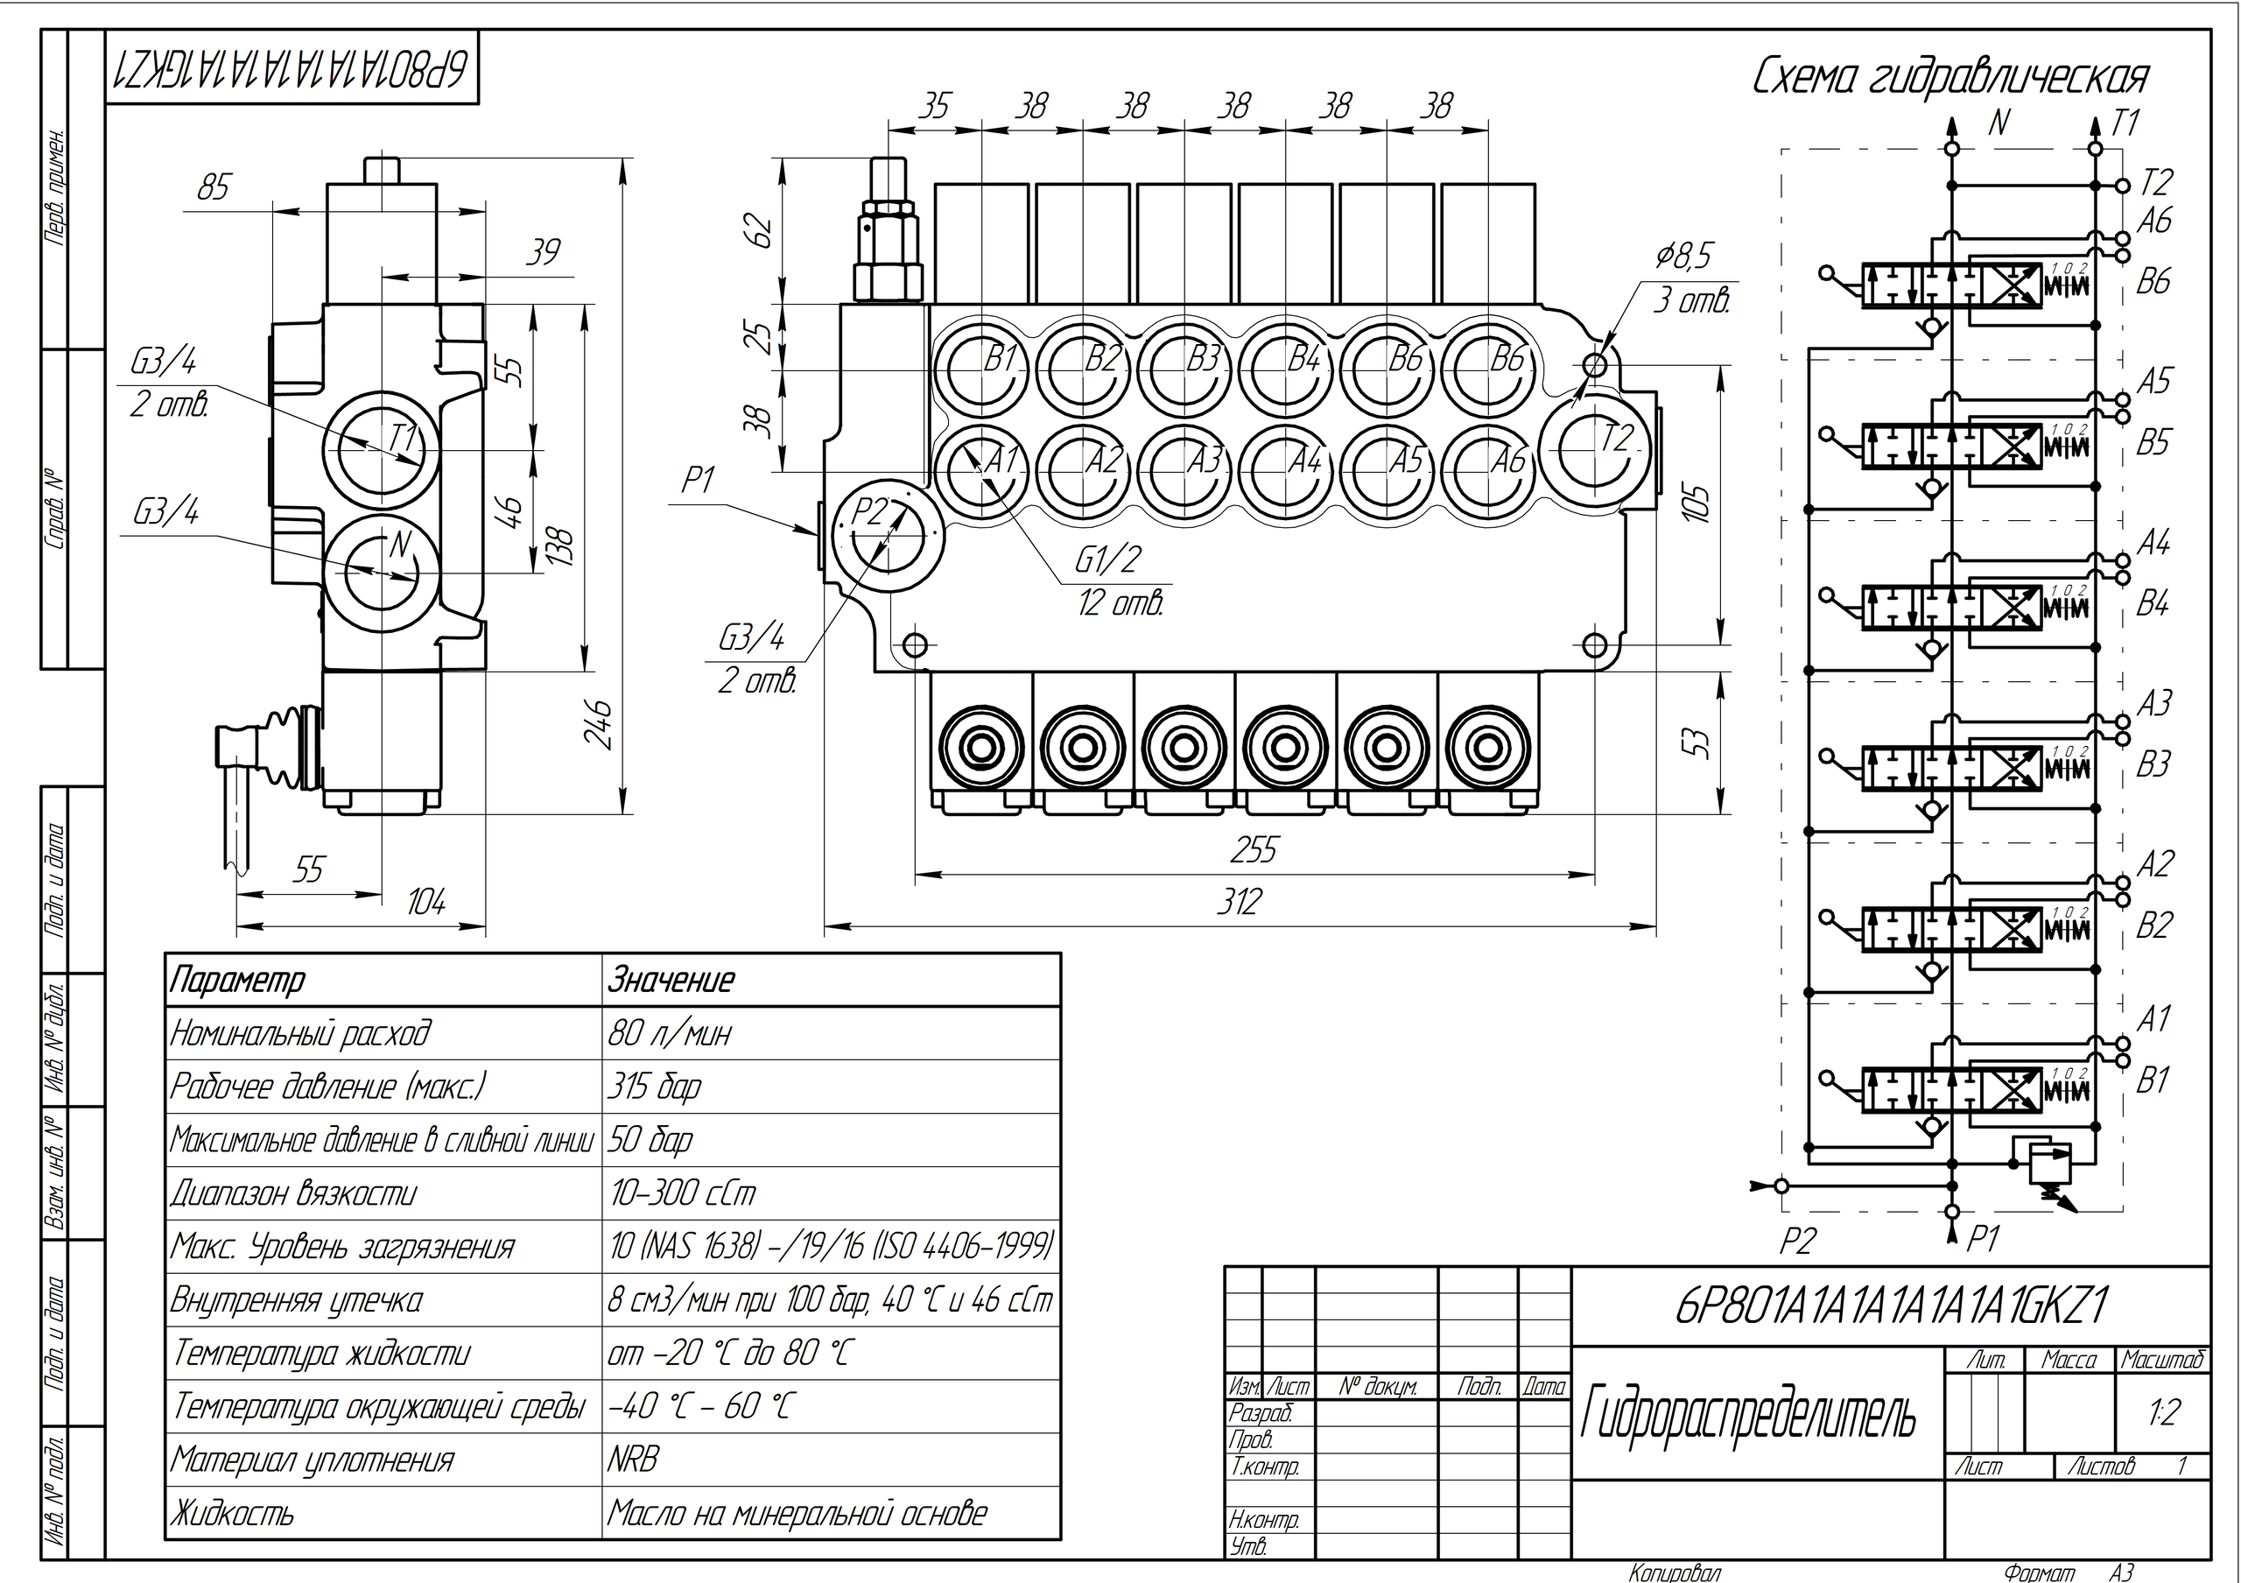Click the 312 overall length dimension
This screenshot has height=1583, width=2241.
[x=1239, y=901]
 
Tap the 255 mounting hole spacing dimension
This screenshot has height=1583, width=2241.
[x=1254, y=851]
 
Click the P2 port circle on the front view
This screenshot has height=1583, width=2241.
[x=886, y=537]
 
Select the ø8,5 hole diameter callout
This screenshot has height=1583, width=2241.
[x=1683, y=256]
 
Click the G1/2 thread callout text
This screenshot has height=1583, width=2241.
[x=1108, y=559]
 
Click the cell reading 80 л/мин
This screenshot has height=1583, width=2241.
[x=670, y=1032]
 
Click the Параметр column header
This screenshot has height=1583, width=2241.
[x=238, y=980]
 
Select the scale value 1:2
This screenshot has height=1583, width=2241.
[x=2163, y=1412]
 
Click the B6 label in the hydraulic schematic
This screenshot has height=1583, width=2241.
[x=2153, y=282]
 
